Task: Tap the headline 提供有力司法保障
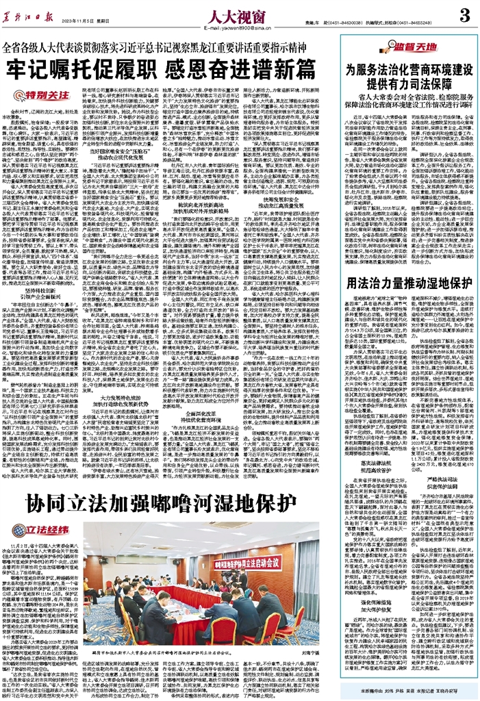(x=409, y=83)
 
